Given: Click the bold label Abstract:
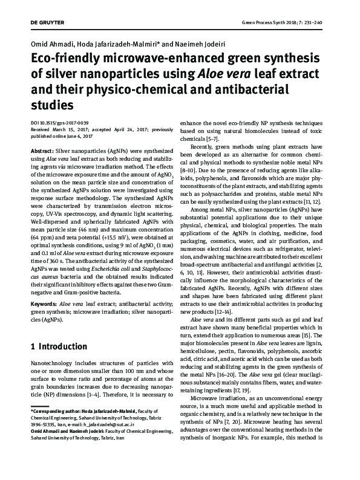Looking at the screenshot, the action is (41, 149).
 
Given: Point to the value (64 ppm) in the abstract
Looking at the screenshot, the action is (41, 221).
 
